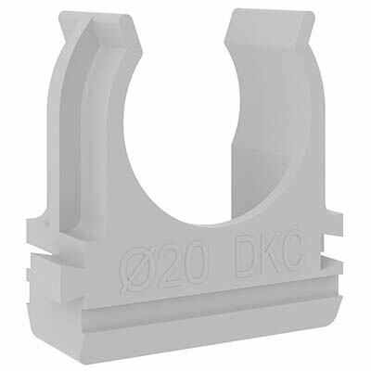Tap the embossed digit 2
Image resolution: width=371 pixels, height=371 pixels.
pos(170,267)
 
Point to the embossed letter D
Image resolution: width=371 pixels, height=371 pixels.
pos(245,256)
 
